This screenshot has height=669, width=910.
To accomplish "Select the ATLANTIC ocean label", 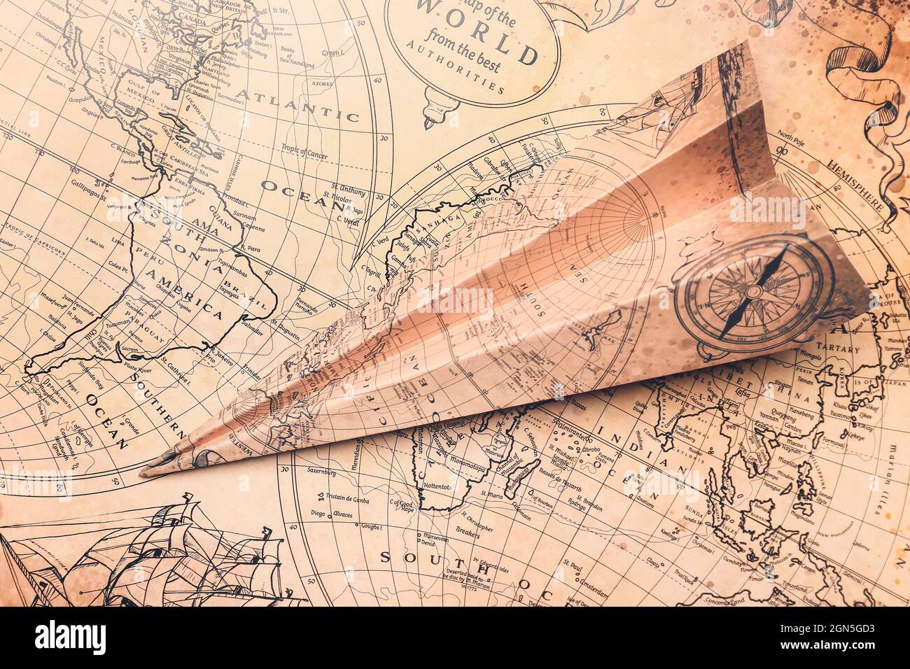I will (297, 102).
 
